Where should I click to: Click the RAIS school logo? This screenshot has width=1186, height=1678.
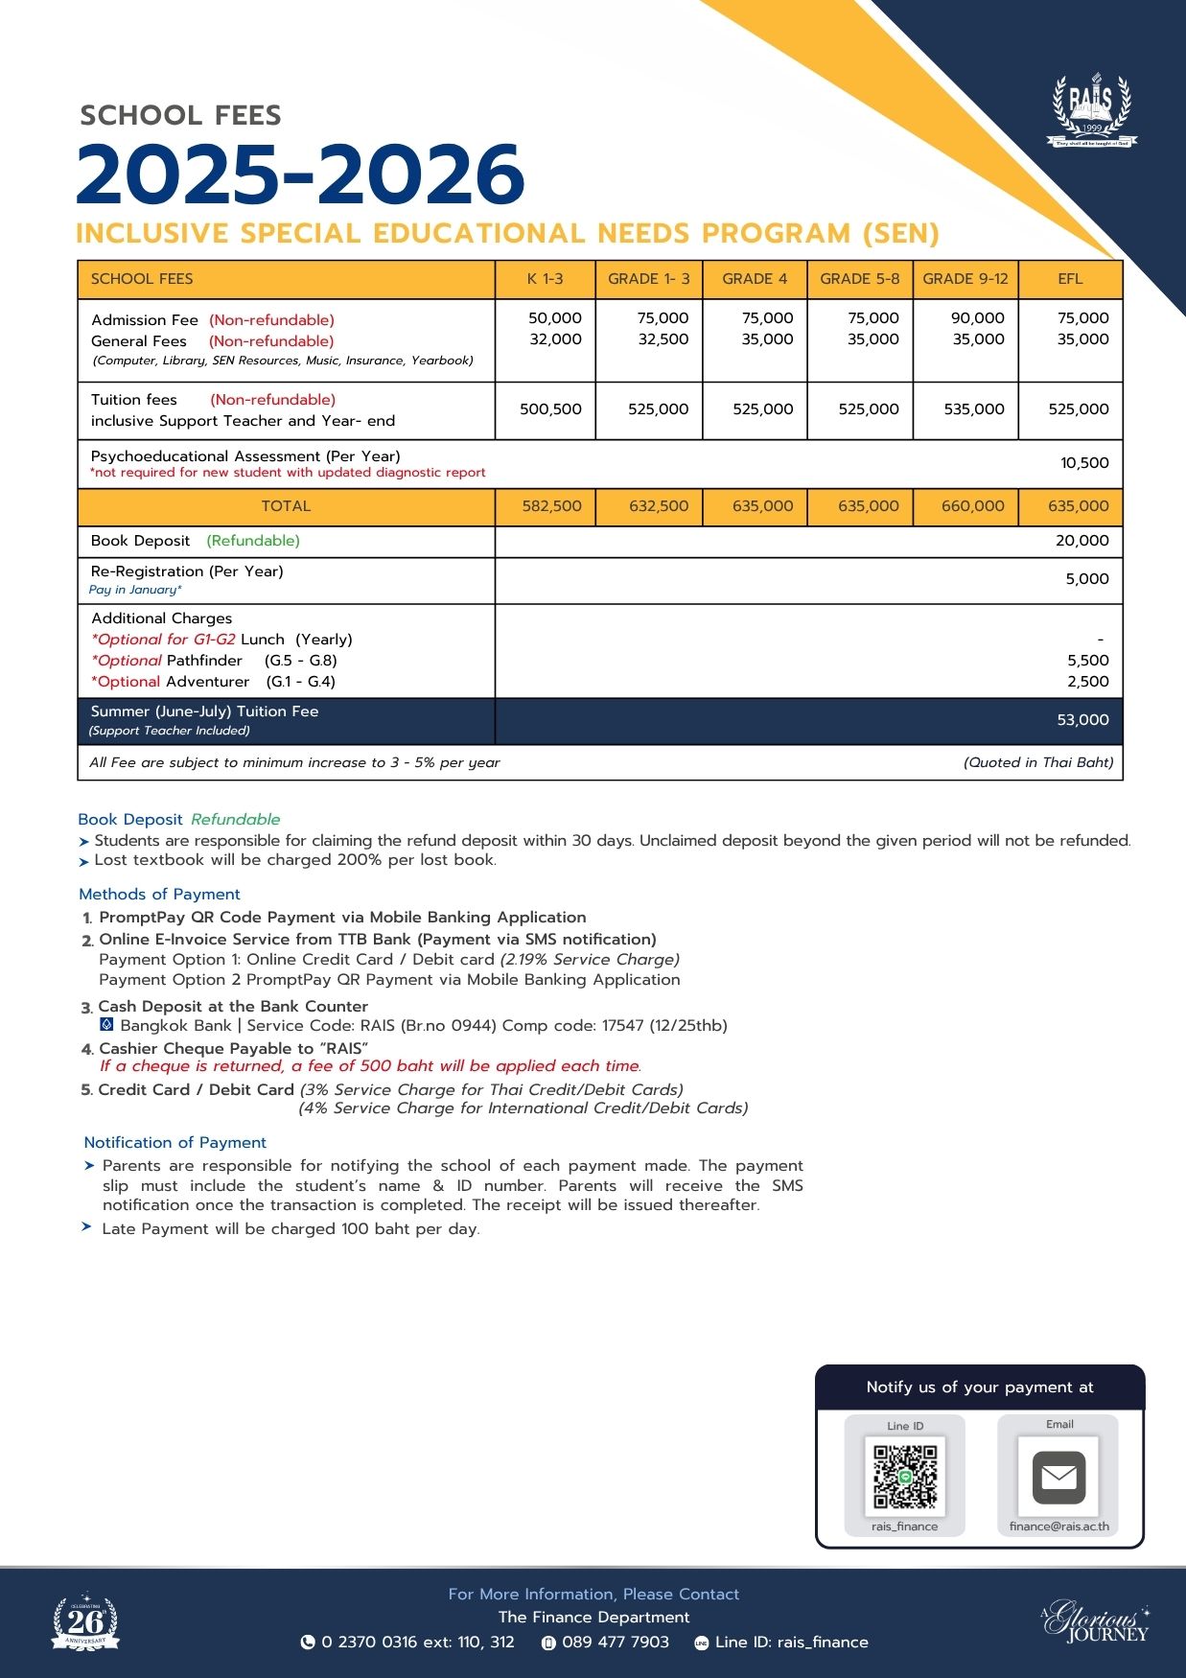[x=1091, y=110]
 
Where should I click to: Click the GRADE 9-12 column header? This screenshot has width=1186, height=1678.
[x=965, y=279]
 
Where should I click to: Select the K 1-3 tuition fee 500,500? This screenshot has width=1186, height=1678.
[x=550, y=409]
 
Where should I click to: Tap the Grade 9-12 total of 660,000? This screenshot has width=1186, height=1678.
[x=972, y=506]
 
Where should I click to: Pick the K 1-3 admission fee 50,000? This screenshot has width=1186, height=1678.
[x=554, y=318]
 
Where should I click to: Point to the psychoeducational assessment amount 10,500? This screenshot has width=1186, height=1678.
[x=1083, y=463]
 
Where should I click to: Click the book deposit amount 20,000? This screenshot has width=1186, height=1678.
[x=1081, y=541]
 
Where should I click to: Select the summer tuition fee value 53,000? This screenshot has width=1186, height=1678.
[x=1081, y=720]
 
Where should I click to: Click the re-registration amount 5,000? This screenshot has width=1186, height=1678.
[x=1086, y=579]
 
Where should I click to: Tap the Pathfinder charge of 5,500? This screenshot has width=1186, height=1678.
[x=1087, y=661]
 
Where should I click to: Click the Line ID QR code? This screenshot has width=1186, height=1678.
[x=904, y=1476]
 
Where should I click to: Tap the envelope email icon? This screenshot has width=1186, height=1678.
[x=1058, y=1477]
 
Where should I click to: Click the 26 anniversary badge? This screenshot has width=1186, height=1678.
[x=85, y=1621]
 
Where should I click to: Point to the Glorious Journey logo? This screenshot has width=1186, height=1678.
[x=1097, y=1621]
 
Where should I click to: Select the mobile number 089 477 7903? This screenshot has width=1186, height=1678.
[x=615, y=1642]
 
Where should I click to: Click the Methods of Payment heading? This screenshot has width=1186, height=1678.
[x=159, y=895]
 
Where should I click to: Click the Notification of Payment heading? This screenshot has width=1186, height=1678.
[x=174, y=1143]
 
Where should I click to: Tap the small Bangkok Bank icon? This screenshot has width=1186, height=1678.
[x=106, y=1025]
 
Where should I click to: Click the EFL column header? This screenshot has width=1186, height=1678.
[x=1070, y=279]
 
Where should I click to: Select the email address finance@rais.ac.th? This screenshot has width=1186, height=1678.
[x=1058, y=1527]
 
